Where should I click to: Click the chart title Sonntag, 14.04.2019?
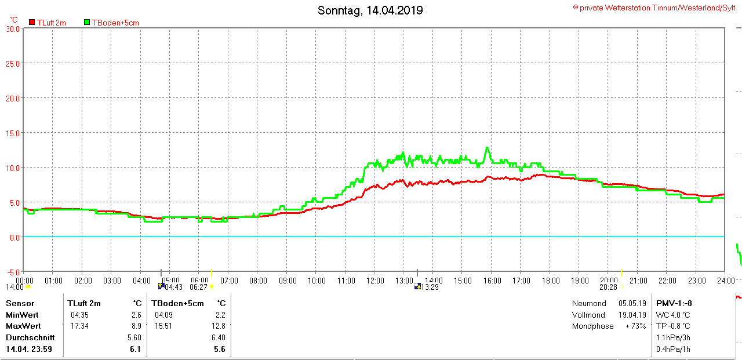(x=370, y=10)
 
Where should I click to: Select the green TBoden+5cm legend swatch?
(x=87, y=23)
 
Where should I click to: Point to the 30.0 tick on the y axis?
(x=13, y=28)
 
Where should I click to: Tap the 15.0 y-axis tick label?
(x=13, y=133)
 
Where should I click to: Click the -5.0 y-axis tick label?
(x=13, y=272)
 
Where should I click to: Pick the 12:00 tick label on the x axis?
(x=375, y=281)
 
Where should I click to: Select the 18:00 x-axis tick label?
(x=551, y=281)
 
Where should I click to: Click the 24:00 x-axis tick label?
(x=726, y=281)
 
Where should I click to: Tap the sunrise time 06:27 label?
(x=198, y=287)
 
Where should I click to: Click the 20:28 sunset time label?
(x=608, y=287)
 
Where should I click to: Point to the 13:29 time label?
(x=430, y=287)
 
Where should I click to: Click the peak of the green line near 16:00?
(x=488, y=148)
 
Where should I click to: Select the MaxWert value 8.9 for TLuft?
(x=136, y=326)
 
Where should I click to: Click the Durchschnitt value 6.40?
(x=218, y=337)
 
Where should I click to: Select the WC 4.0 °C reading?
(x=672, y=315)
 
